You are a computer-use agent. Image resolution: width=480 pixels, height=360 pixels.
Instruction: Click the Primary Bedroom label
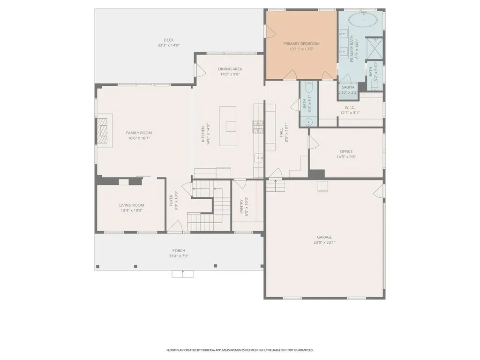point(301,44)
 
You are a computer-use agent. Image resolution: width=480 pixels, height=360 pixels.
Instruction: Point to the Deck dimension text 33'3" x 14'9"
point(169,45)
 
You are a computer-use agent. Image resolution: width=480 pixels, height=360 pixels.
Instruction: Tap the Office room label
point(346,151)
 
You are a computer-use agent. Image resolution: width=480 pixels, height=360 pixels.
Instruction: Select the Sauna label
point(348,87)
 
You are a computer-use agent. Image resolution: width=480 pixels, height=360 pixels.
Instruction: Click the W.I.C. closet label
point(350,107)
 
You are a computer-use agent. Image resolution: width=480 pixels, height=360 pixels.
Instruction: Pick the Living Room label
point(131,205)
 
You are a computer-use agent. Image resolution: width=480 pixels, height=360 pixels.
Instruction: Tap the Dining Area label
point(230,69)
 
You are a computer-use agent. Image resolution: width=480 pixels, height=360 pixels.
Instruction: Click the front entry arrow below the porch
point(183,274)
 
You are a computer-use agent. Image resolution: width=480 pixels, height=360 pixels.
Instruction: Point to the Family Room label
point(139,133)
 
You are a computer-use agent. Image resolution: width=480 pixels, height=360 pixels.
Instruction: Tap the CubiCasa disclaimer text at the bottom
point(240,350)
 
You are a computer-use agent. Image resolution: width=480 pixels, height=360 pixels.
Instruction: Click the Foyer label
point(172,200)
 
